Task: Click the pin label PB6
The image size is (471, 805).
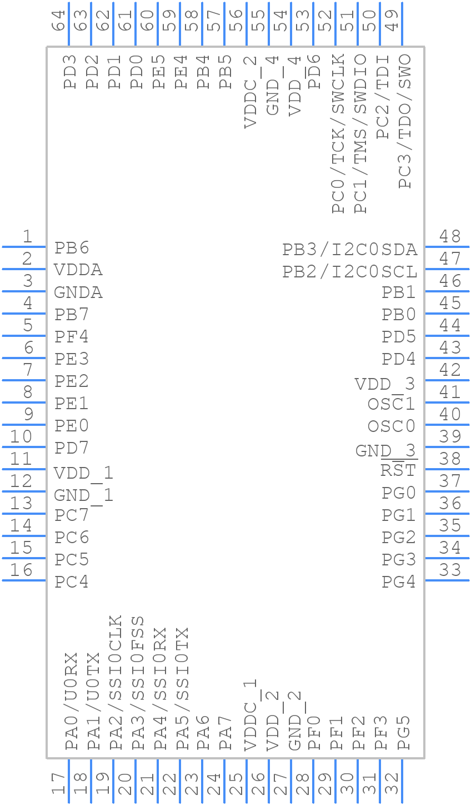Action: click(72, 248)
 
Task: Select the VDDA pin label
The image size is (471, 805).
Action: click(78, 270)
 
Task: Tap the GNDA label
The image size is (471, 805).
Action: click(78, 292)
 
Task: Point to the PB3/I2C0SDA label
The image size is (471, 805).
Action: click(350, 250)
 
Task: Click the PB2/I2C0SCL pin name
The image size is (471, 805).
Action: click(350, 272)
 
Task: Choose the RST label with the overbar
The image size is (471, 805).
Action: click(398, 470)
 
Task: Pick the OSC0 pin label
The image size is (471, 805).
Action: click(392, 426)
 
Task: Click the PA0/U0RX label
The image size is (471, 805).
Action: click(71, 701)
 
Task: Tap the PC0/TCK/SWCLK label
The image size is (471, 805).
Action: click(338, 133)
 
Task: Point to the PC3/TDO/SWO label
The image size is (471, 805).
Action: click(405, 121)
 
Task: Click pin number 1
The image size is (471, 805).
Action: click(27, 237)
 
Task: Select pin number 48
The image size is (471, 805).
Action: click(450, 237)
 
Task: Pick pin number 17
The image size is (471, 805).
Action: click(58, 784)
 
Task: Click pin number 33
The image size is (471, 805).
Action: click(450, 570)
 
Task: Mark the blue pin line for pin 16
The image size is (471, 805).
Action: click(24, 580)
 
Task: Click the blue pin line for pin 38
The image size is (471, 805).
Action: click(447, 469)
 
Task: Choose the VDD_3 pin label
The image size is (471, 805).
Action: click(385, 384)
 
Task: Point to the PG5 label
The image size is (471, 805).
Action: click(404, 733)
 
